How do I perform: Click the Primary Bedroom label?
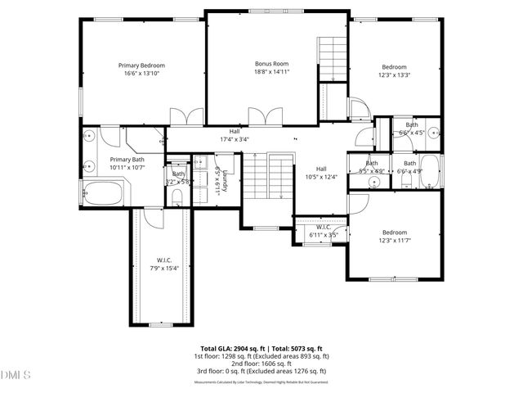(141, 65)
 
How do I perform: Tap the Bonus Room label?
(272, 63)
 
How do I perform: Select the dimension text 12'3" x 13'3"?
(395, 75)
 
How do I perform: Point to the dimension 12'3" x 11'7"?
(395, 241)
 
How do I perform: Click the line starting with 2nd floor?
(261, 364)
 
